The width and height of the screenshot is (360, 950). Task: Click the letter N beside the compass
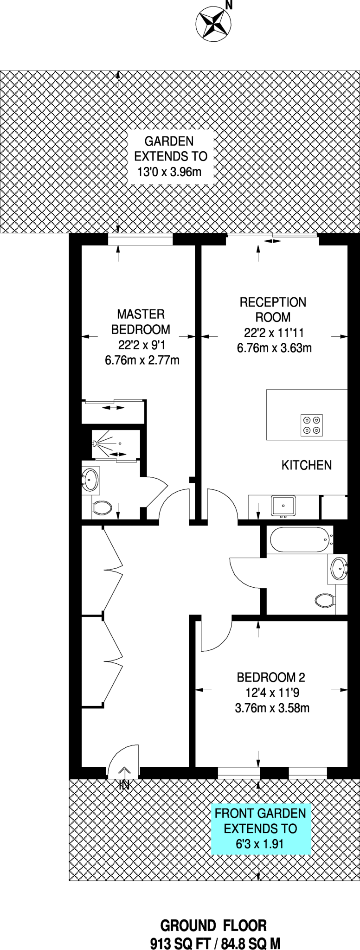(228, 6)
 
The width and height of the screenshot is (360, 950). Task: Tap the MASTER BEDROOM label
(141, 322)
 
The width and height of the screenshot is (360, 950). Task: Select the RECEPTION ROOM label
(273, 310)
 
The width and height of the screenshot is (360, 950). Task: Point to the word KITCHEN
(306, 465)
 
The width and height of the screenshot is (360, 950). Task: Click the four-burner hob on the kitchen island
(312, 425)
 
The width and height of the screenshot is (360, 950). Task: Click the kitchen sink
(283, 506)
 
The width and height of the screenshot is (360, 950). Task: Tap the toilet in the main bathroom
(325, 601)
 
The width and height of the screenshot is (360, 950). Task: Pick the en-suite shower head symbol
(96, 443)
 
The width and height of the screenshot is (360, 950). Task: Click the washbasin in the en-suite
(90, 480)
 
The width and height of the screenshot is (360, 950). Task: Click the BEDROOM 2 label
(271, 678)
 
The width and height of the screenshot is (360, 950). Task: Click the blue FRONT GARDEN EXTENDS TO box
(261, 828)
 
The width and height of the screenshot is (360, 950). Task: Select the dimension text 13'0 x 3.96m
(169, 172)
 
